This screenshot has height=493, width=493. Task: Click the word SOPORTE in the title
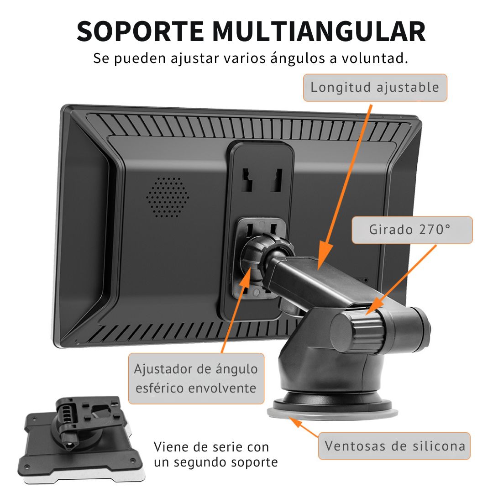(140, 31)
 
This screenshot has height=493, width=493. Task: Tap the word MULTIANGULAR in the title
(319, 31)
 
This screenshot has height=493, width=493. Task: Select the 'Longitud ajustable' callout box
(375, 88)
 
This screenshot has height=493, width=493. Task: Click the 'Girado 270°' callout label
(412, 230)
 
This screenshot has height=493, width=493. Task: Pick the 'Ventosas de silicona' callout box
(394, 446)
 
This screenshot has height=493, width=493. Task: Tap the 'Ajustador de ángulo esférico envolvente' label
(196, 378)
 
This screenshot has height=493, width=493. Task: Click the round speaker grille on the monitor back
(168, 197)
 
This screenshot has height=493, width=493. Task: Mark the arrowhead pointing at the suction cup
(295, 422)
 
